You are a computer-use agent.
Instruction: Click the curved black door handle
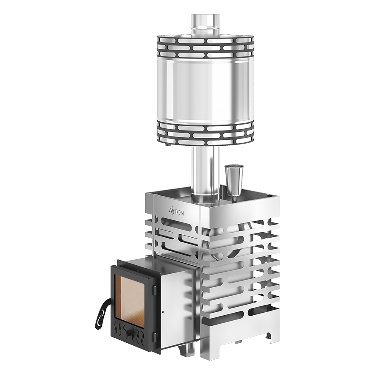click(x=102, y=314)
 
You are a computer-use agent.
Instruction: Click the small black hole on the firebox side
click(x=163, y=312)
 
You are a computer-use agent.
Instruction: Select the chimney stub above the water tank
click(x=205, y=25)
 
